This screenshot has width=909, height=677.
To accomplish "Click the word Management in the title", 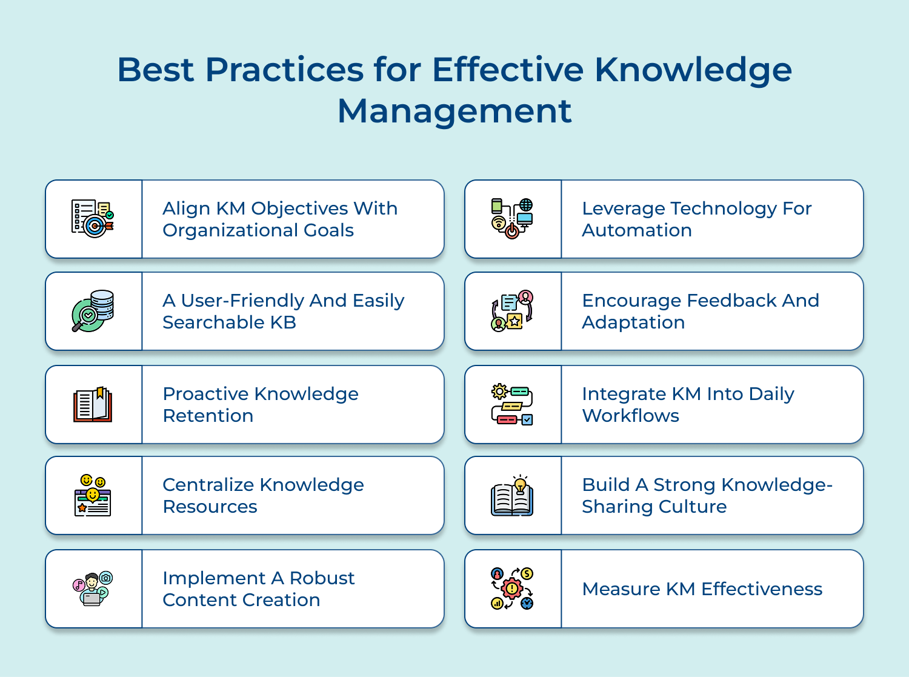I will click(x=454, y=112).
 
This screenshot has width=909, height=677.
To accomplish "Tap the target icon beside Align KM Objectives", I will click(x=93, y=218).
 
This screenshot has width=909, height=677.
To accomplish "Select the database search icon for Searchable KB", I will click(x=93, y=311).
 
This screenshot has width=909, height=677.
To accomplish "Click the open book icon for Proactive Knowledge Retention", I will click(x=93, y=404).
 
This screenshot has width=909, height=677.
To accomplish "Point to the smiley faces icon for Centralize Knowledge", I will click(x=93, y=495).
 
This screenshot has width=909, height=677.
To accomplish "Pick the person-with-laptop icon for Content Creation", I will click(x=93, y=589).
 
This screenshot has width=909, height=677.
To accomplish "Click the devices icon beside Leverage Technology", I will click(x=512, y=218).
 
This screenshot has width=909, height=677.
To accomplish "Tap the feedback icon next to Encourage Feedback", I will click(x=512, y=311).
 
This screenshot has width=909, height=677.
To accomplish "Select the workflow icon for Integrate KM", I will click(x=512, y=404).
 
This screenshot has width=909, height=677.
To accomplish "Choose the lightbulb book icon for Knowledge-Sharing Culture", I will click(x=512, y=496).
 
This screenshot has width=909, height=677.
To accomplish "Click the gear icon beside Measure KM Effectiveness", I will click(x=512, y=589).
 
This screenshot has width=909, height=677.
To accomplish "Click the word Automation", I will click(x=637, y=230).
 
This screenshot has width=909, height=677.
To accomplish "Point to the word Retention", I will click(x=208, y=416).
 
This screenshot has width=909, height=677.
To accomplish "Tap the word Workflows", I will click(x=630, y=416).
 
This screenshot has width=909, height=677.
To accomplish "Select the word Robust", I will click(x=322, y=578).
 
